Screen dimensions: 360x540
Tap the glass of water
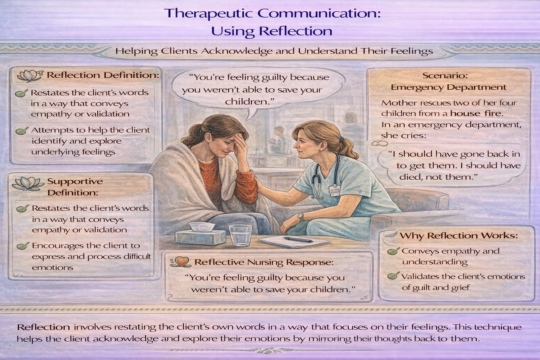(x=240, y=235)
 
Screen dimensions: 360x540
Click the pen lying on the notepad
(x=298, y=239)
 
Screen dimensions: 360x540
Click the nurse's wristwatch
(x=301, y=217)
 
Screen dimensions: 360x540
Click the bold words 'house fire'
(x=477, y=114)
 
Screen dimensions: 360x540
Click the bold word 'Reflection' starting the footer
(x=44, y=327)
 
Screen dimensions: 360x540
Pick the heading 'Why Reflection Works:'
(x=459, y=236)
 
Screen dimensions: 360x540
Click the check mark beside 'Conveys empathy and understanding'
(x=393, y=251)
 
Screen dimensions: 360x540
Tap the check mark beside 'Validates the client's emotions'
(x=393, y=276)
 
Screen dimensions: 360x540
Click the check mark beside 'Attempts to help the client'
(x=22, y=131)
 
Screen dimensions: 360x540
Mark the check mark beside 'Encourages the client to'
(x=22, y=246)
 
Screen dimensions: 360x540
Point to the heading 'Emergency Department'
(x=449, y=87)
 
